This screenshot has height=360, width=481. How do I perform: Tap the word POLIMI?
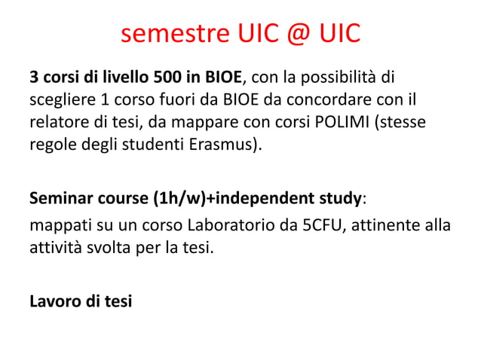[339, 121]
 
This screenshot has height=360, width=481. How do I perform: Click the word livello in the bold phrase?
[124, 77]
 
